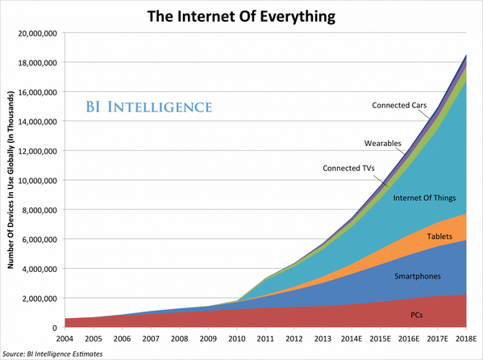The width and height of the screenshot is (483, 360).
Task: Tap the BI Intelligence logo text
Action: (150, 107)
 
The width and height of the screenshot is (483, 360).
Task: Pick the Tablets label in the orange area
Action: (439, 236)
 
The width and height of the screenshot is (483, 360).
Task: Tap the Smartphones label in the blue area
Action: (417, 277)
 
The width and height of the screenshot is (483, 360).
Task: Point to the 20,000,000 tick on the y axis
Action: (33, 33)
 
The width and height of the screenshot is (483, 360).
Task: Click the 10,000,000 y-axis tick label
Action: (33, 180)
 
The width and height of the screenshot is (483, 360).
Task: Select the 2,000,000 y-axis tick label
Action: (35, 298)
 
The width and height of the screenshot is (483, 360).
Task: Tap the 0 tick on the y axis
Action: (52, 328)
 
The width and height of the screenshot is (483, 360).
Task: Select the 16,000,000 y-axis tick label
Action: (33, 92)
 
